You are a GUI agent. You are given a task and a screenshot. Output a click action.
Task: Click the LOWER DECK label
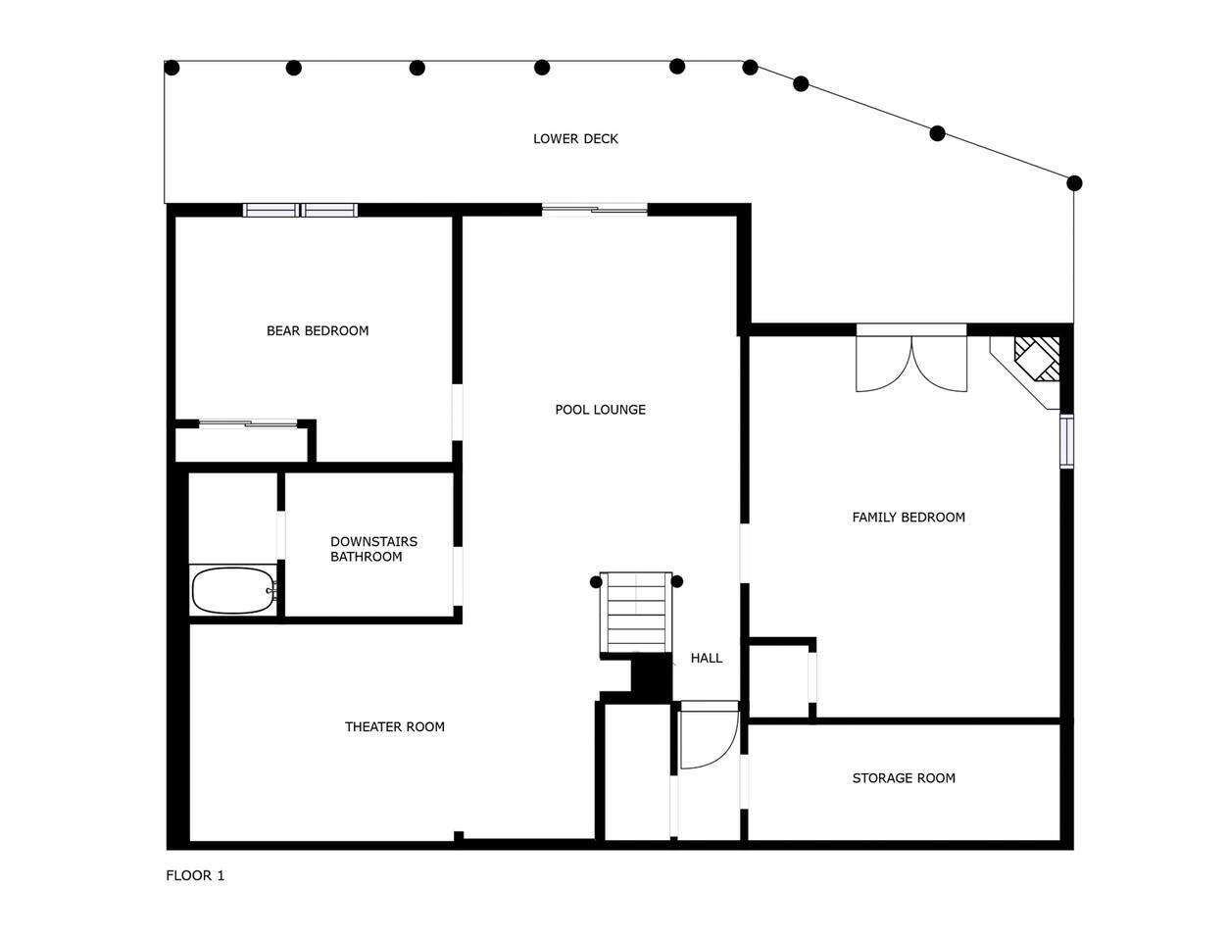(x=575, y=138)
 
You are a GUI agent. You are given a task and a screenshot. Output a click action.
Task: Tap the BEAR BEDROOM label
(x=318, y=330)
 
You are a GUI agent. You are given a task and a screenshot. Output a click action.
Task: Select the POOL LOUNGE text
(x=600, y=410)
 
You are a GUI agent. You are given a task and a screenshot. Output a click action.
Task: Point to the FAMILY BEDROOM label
(x=909, y=518)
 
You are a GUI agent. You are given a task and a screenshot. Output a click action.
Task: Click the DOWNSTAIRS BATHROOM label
(x=373, y=549)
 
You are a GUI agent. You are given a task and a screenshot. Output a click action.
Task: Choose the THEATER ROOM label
(x=394, y=726)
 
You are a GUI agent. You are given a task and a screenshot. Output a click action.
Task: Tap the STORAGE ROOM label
(x=904, y=778)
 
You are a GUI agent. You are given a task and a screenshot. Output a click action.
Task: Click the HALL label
(x=707, y=658)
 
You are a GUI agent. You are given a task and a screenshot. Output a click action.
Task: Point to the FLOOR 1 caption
(x=195, y=875)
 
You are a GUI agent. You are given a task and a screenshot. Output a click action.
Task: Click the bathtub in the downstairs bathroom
(x=233, y=591)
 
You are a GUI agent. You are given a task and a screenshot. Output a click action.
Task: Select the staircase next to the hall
(x=636, y=613)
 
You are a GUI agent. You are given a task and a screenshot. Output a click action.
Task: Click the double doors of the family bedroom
(x=911, y=359)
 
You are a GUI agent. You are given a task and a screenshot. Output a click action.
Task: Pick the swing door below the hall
(x=710, y=735)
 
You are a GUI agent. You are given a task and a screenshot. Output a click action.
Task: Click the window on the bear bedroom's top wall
(x=300, y=210)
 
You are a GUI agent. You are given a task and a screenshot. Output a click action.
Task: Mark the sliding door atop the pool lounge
(x=595, y=210)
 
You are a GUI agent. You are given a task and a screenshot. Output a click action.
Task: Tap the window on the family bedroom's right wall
(x=1066, y=441)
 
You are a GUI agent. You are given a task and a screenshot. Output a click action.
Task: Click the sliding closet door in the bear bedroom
(x=248, y=423)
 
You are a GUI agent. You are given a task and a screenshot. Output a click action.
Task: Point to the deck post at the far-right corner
(x=1074, y=183)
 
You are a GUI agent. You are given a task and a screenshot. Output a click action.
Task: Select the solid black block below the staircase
(x=652, y=677)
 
